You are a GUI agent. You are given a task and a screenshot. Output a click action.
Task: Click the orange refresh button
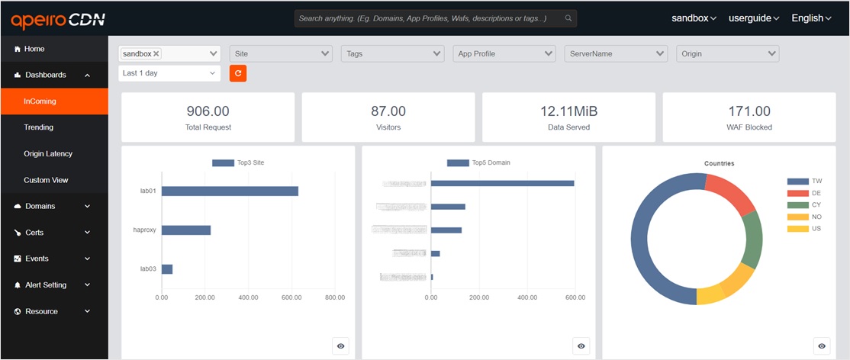point(238,73)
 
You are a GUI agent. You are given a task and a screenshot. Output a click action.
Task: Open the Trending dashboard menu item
point(38,127)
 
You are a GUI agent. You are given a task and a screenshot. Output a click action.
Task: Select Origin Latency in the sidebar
point(48,154)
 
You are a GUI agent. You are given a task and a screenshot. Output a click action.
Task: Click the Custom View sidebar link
point(46,180)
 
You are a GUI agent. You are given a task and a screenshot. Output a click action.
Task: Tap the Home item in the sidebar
point(34,49)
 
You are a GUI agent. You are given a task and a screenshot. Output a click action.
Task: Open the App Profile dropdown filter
point(505,53)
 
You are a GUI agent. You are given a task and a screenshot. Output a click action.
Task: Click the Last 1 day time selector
point(169,73)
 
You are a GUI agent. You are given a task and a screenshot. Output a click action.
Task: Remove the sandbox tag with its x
point(156,54)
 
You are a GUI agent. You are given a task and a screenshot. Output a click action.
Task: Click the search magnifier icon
point(568,18)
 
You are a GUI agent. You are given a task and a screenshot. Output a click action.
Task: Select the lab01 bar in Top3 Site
point(230,191)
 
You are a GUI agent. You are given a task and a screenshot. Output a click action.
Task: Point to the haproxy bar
point(186,230)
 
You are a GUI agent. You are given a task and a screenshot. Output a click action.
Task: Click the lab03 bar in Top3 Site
point(167,268)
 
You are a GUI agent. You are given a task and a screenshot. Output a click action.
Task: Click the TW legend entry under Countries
point(804,182)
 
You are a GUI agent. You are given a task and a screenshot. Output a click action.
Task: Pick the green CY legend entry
point(804,205)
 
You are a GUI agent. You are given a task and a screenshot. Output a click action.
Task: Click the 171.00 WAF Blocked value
point(749,111)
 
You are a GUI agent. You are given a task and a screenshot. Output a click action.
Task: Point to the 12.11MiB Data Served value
point(568,111)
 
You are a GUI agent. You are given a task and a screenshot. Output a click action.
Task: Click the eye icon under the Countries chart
point(822,346)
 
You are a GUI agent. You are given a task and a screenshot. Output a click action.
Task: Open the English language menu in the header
point(810,18)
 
